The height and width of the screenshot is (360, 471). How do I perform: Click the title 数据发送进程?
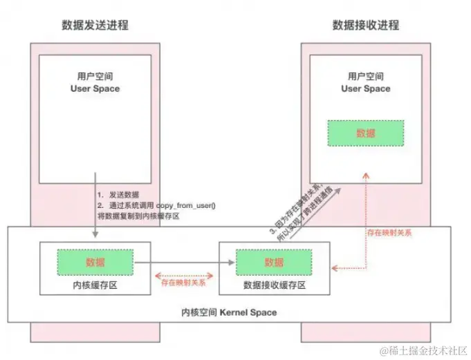coord(95,26)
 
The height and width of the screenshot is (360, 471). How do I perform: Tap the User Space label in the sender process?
coord(95,88)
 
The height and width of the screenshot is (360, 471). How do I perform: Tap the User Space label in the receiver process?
coord(366,88)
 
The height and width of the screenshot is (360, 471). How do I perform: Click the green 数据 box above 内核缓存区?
coord(95,263)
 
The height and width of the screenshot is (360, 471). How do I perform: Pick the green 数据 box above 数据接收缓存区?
coord(273,263)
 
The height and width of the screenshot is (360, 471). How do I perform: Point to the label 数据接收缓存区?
coord(275,285)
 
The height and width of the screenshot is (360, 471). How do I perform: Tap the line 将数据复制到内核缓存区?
coord(138,216)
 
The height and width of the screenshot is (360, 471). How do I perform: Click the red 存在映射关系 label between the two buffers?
coord(183,283)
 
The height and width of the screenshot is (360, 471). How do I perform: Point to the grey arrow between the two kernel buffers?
coord(183,263)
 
